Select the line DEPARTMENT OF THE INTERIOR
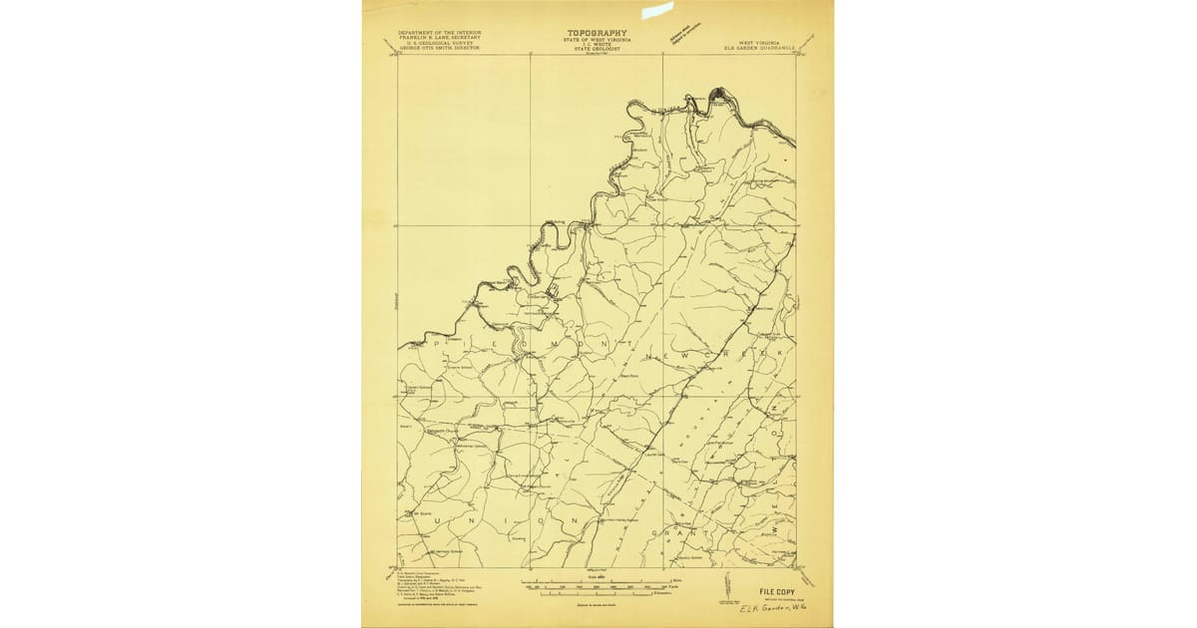439,32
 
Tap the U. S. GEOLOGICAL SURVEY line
439,43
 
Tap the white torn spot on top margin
657,10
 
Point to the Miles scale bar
598,579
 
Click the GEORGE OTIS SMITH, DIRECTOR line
439,48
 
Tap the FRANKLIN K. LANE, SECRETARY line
439,38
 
